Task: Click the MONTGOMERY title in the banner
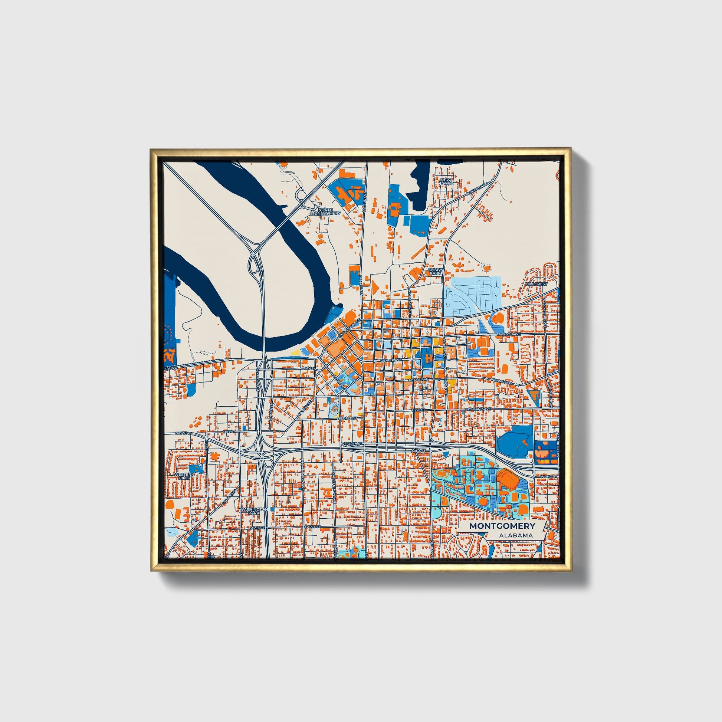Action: (502, 526)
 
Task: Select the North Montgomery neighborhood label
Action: (325, 211)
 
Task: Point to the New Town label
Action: (446, 182)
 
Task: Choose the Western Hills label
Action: (185, 476)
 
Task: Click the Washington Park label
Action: (254, 511)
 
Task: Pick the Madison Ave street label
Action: (509, 334)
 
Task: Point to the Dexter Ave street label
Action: (391, 360)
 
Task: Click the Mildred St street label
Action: (348, 418)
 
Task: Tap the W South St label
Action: (352, 444)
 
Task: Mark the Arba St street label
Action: (419, 451)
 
